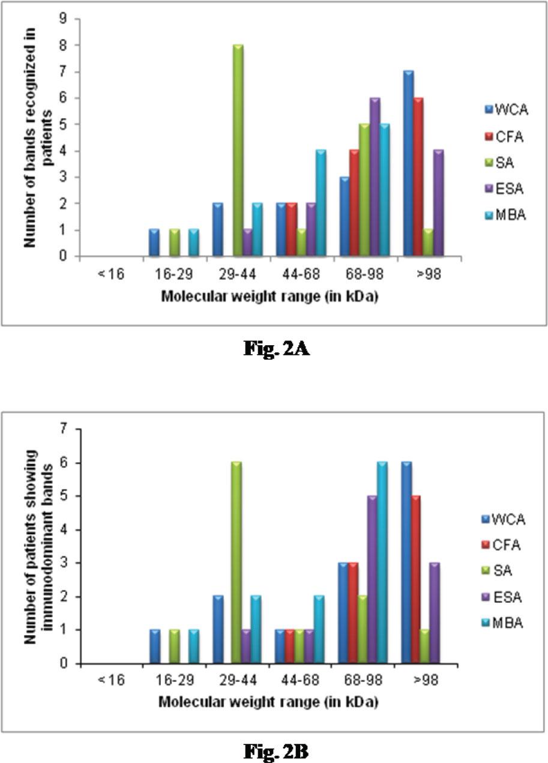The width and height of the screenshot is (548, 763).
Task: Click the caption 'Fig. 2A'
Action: (x=276, y=348)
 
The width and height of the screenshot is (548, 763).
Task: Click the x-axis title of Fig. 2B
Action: (x=268, y=701)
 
